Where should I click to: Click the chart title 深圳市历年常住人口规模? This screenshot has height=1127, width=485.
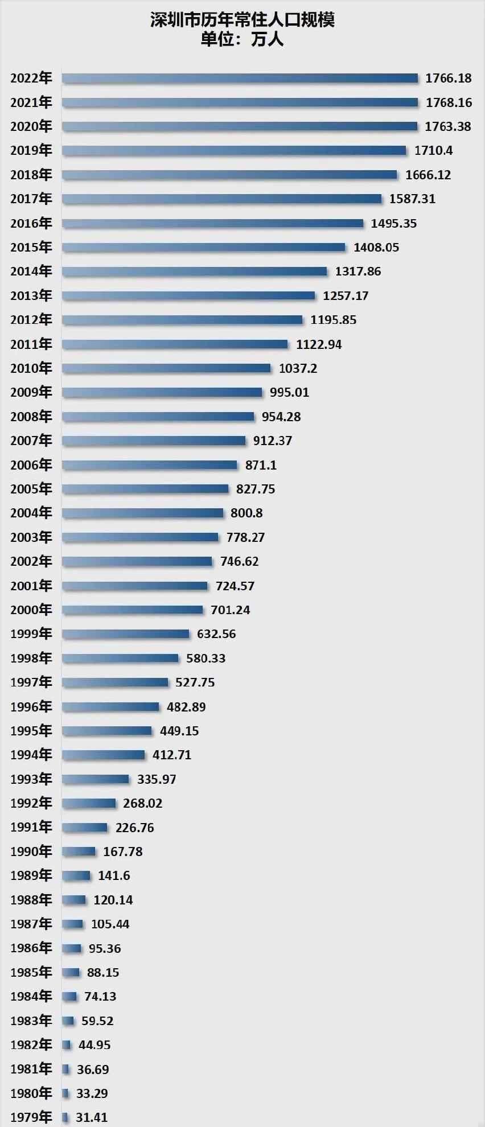[242, 20]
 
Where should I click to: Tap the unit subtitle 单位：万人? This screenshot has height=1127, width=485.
[242, 39]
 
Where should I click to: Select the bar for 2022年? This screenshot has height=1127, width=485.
[240, 78]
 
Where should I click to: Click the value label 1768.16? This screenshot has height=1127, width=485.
[449, 102]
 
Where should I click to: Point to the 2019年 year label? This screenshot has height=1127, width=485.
[31, 150]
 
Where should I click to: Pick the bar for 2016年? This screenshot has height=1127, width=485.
[212, 223]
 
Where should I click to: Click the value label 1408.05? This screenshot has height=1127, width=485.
[376, 247]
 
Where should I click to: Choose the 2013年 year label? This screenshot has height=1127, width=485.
[31, 295]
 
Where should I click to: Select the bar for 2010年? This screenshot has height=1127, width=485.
[166, 368]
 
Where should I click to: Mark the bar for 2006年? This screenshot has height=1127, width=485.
[149, 465]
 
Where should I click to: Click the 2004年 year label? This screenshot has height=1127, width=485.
[31, 513]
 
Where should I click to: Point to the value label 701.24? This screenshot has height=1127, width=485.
[230, 610]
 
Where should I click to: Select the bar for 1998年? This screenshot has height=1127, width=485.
[120, 658]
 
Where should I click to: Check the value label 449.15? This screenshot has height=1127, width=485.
[179, 730]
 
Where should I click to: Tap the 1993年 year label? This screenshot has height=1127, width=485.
[31, 779]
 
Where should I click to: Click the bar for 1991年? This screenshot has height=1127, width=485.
[84, 827]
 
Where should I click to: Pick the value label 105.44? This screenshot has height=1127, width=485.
[110, 924]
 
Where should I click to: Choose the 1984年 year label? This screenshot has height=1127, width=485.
[31, 996]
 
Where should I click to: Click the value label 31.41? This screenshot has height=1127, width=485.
[92, 1117]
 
